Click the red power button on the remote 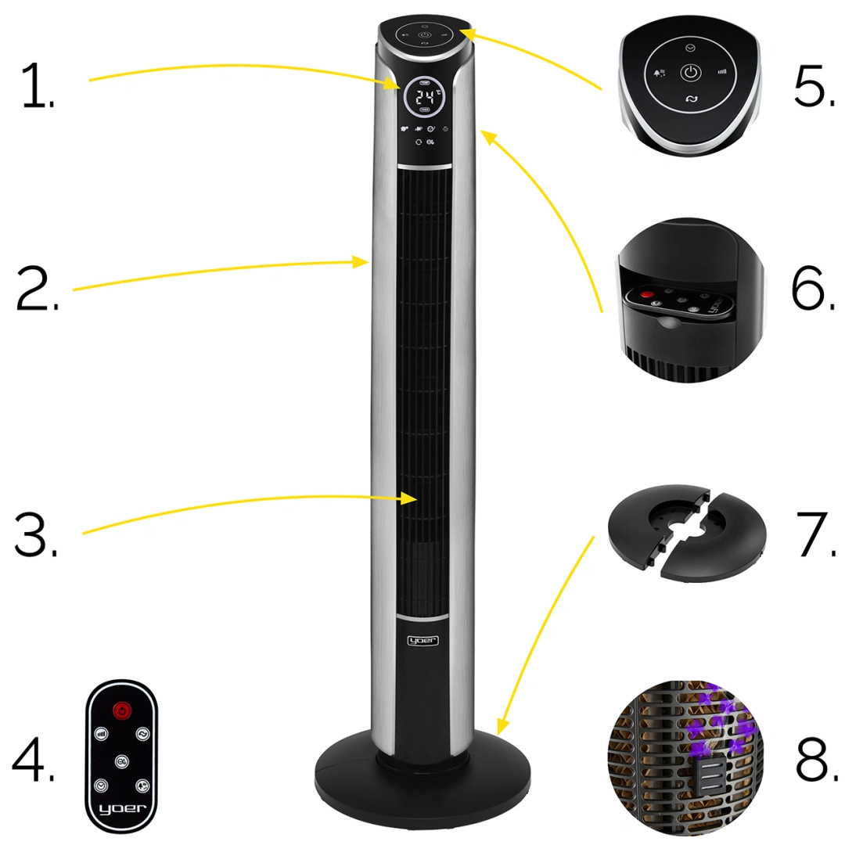(121, 710)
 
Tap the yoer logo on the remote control (121, 808)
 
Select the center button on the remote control (121, 760)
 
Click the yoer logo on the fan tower (423, 640)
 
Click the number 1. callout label (38, 87)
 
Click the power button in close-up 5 (689, 74)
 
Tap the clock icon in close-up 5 (688, 48)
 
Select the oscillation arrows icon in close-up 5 (691, 99)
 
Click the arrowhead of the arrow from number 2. (367, 262)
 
